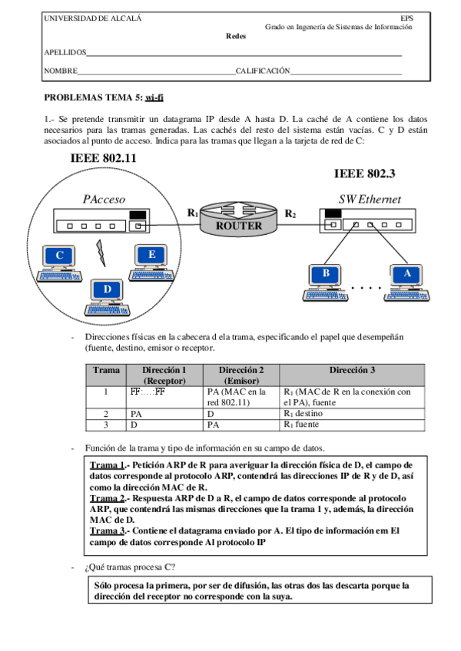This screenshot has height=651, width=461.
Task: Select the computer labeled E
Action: tap(151, 258)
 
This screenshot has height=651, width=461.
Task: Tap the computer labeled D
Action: tap(107, 292)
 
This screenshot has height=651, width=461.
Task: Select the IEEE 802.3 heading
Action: tap(365, 174)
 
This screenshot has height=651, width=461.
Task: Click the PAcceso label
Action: tap(104, 200)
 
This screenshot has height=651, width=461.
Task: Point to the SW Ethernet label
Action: tap(370, 200)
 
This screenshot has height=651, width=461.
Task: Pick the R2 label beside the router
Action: tap(290, 213)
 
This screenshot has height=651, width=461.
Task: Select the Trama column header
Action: tap(105, 370)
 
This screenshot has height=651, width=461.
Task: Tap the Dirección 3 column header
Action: tap(351, 370)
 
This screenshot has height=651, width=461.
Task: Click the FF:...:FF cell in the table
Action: tap(148, 392)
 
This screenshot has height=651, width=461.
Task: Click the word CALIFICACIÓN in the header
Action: tap(263, 71)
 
